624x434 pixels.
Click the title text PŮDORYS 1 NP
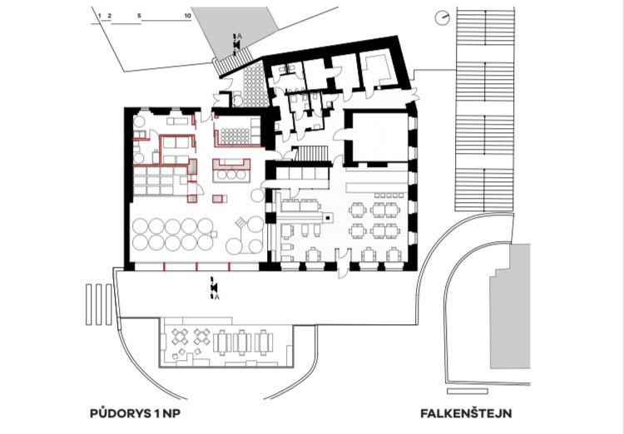(x=136, y=413)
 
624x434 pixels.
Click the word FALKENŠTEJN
(x=466, y=413)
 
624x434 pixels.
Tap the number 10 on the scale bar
(x=188, y=16)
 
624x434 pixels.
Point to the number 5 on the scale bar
(x=139, y=16)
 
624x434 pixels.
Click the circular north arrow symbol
(x=442, y=18)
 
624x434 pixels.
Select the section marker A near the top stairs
(x=239, y=37)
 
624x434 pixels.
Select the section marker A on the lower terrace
(x=217, y=297)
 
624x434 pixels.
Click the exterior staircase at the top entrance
(x=233, y=62)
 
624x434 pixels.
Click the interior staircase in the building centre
(x=312, y=154)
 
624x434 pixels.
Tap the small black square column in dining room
(x=327, y=217)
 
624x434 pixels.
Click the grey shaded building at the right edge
(x=510, y=306)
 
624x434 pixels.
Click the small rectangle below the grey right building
(x=468, y=392)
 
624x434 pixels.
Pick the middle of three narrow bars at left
(x=99, y=305)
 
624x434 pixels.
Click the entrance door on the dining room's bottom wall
(x=343, y=263)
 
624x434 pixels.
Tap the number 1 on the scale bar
(x=100, y=16)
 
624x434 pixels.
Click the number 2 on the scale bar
(x=110, y=16)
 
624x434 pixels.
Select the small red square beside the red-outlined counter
(x=217, y=199)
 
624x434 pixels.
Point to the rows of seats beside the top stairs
(x=254, y=83)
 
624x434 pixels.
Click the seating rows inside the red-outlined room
(x=235, y=136)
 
